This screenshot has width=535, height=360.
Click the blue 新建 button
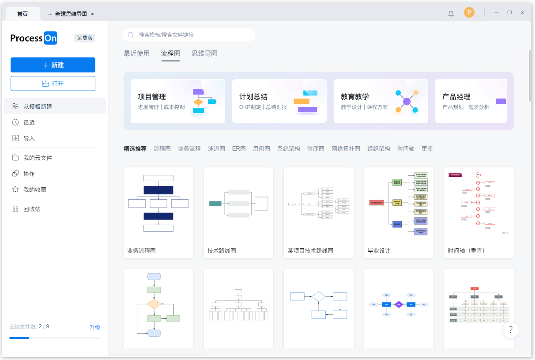[53, 65]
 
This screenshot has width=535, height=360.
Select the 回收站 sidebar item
[32, 209]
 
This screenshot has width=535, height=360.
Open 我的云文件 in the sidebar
[38, 158]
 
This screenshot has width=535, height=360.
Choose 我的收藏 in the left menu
[34, 189]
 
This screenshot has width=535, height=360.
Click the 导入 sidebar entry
[29, 138]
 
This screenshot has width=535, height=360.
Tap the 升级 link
[95, 327]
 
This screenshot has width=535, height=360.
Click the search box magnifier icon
[131, 35]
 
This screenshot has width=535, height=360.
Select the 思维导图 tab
[204, 53]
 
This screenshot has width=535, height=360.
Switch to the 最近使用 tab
[137, 53]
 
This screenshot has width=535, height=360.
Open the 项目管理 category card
[177, 101]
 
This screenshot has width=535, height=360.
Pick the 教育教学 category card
[381, 101]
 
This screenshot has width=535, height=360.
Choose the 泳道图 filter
[216, 149]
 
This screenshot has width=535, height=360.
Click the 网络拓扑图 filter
[346, 149]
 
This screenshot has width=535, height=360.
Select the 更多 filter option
[427, 149]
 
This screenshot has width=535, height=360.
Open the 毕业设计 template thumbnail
[399, 203]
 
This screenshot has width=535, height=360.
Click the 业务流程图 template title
[141, 250]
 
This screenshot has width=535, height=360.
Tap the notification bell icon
[451, 13]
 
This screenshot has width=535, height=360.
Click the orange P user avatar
[469, 13]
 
